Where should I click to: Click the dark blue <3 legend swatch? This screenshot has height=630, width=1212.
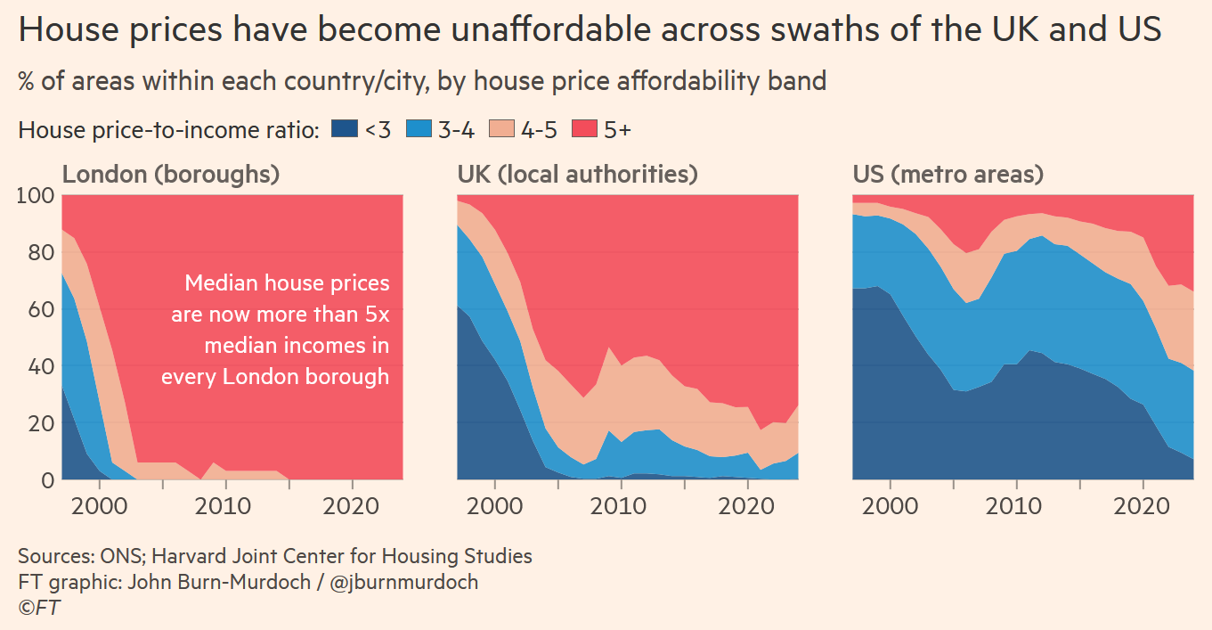(344, 129)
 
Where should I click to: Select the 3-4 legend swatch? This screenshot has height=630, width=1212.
(419, 129)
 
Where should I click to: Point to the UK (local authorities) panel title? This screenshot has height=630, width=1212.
(577, 174)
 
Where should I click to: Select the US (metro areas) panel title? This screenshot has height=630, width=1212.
(948, 174)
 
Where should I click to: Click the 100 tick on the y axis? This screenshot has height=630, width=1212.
(36, 195)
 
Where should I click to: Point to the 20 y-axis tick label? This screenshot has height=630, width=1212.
(40, 423)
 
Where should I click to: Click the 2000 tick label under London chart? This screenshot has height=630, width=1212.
(100, 507)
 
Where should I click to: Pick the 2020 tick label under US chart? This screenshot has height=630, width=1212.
(1143, 507)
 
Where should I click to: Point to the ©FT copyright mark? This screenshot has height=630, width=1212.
(39, 608)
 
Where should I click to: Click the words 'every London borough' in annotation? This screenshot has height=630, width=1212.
(275, 376)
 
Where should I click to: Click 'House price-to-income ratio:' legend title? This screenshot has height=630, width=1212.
(168, 130)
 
